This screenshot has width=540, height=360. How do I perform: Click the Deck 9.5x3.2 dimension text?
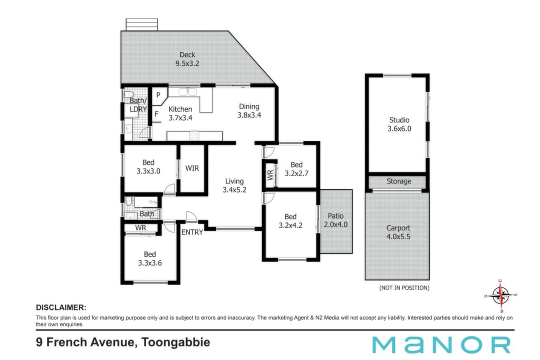187,63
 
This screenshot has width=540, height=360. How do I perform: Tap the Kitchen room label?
180,109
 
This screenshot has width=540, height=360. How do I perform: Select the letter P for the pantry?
158,95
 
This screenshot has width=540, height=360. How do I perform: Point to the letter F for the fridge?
156,114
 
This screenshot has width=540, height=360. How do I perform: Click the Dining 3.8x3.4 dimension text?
249,115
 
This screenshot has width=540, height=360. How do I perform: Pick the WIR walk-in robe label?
192,168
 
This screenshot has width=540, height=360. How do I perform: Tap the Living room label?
234,181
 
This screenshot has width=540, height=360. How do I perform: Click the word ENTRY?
192,232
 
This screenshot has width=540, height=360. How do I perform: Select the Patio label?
335,216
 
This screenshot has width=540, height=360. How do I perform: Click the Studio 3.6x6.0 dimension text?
399,129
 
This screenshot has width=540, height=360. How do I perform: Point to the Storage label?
399,181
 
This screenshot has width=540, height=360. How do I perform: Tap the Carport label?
398,228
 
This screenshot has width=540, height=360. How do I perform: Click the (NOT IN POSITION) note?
404,288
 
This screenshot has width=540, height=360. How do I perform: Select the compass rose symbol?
501,295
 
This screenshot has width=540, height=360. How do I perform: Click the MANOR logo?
441,345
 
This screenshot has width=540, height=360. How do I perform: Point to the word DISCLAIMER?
61,308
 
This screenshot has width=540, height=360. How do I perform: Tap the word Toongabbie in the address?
176,343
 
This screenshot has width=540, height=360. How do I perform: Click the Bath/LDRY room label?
138,105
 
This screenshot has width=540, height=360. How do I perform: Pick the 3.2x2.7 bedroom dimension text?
296,173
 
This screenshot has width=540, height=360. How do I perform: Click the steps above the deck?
142,25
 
